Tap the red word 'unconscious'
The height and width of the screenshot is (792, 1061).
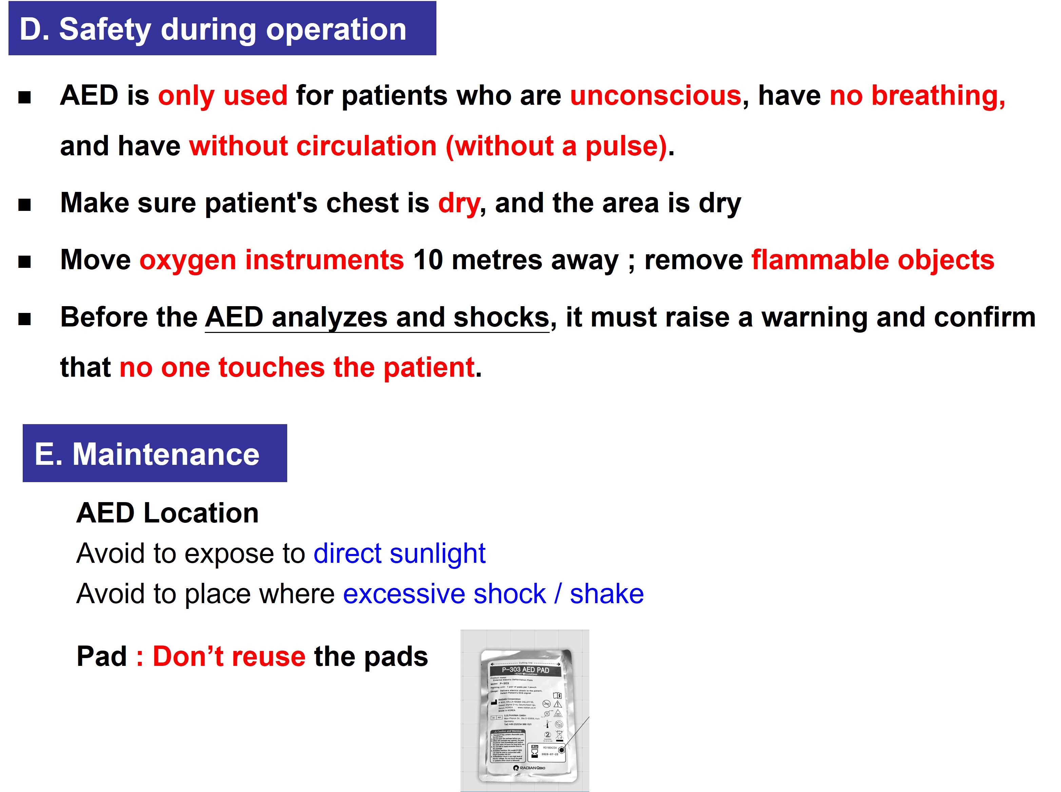pyautogui.click(x=655, y=95)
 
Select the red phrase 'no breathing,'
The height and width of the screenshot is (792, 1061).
pyautogui.click(x=917, y=95)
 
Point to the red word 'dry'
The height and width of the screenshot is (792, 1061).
pyautogui.click(x=458, y=203)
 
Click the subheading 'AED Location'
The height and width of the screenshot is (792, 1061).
pyautogui.click(x=167, y=513)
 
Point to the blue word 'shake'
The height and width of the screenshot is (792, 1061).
pyautogui.click(x=607, y=594)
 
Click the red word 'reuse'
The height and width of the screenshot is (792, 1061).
pyautogui.click(x=269, y=656)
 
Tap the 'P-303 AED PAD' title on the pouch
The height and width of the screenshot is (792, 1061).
pyautogui.click(x=526, y=670)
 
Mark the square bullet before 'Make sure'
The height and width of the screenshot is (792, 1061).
pyautogui.click(x=24, y=205)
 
